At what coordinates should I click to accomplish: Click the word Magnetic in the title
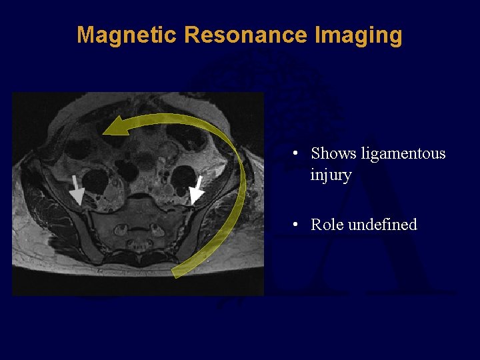127,35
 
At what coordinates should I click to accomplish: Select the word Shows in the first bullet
334,154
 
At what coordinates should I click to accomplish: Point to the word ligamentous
403,154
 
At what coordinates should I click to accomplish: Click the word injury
331,175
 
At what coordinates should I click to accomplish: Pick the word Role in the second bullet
327,225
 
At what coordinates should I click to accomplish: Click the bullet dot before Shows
294,154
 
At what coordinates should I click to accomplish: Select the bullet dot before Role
294,225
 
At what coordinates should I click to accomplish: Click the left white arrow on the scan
76,190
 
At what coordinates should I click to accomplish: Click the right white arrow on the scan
196,191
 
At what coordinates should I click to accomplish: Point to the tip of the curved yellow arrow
105,133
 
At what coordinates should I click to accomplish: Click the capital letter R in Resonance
191,35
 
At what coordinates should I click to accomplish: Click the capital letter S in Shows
316,154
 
